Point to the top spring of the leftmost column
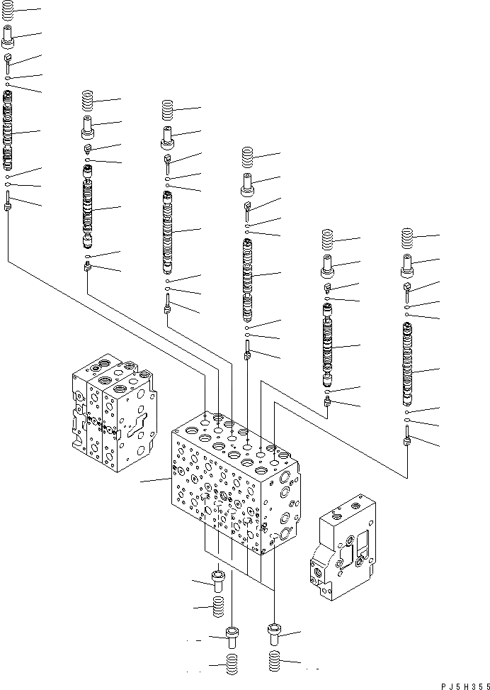pyautogui.click(x=8, y=11)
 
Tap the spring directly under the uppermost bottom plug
pyautogui.click(x=218, y=605)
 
